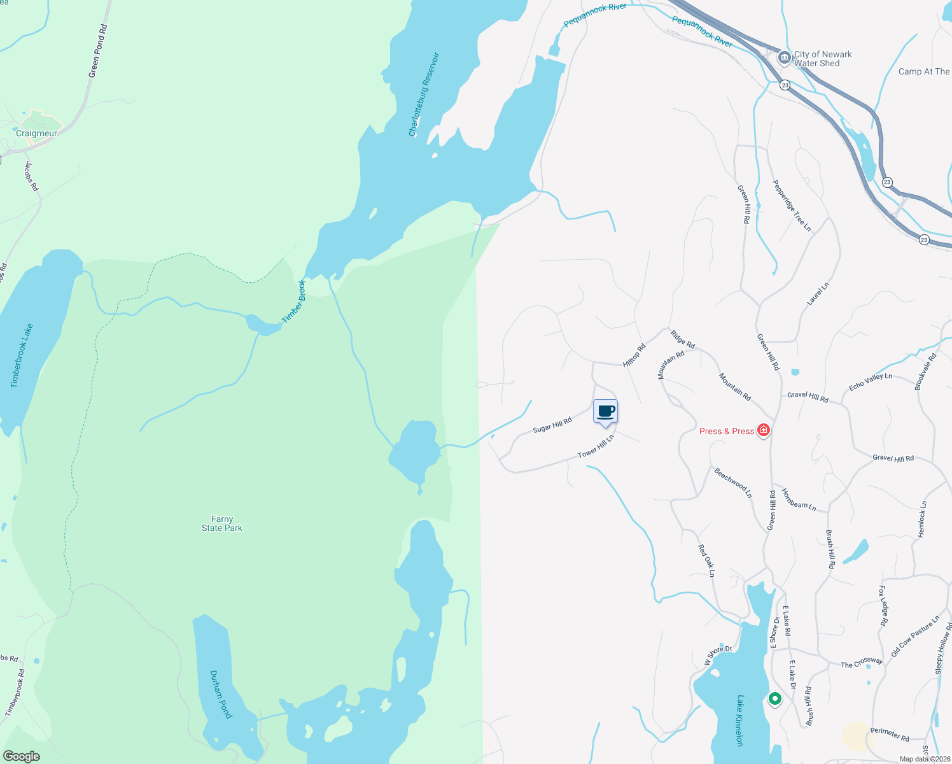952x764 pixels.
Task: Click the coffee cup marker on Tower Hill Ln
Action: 605,411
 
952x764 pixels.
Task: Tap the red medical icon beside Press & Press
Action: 764,431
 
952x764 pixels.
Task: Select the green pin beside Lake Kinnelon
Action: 774,699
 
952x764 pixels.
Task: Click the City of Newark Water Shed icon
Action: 785,58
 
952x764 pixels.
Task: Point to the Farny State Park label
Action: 222,523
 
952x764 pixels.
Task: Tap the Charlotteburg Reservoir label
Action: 424,94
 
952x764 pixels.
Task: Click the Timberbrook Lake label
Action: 22,355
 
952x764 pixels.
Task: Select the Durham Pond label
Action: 220,694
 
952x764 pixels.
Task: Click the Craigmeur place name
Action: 36,133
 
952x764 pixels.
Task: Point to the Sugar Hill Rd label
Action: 552,425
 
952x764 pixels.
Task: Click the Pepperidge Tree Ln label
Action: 792,205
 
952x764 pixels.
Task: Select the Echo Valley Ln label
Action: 870,381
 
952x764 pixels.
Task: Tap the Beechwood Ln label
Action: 733,483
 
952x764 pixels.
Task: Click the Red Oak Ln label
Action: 706,560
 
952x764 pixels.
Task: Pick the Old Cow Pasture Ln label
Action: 915,636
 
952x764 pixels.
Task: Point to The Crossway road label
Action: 862,663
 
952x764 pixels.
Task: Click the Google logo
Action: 22,756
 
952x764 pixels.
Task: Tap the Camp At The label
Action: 923,72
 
